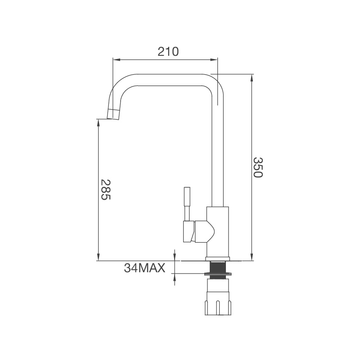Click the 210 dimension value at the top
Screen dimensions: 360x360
(168, 51)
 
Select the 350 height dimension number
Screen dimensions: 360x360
(257, 167)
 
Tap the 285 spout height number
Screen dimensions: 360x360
(105, 190)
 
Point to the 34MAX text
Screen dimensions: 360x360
(144, 268)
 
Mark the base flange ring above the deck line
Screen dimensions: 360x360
(217, 259)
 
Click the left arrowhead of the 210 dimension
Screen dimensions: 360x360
(115, 59)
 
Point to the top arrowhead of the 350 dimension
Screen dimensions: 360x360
(252, 76)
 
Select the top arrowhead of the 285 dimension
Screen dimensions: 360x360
(98, 121)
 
